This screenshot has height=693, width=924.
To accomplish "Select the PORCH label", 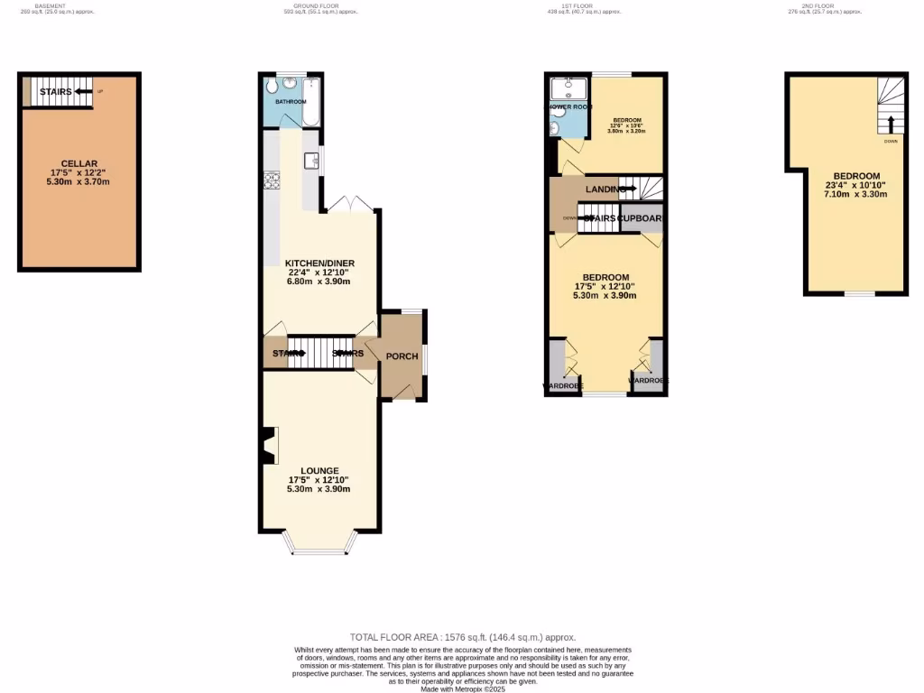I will (402, 356).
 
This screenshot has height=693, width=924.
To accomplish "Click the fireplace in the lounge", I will (268, 446).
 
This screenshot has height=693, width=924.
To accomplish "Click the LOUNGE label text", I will (319, 470).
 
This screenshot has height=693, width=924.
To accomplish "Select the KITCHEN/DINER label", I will (319, 263).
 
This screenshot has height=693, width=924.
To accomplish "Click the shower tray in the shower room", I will (569, 88).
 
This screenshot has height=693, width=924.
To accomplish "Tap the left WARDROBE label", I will (562, 385).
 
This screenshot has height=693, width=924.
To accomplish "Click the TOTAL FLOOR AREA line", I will (462, 637).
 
